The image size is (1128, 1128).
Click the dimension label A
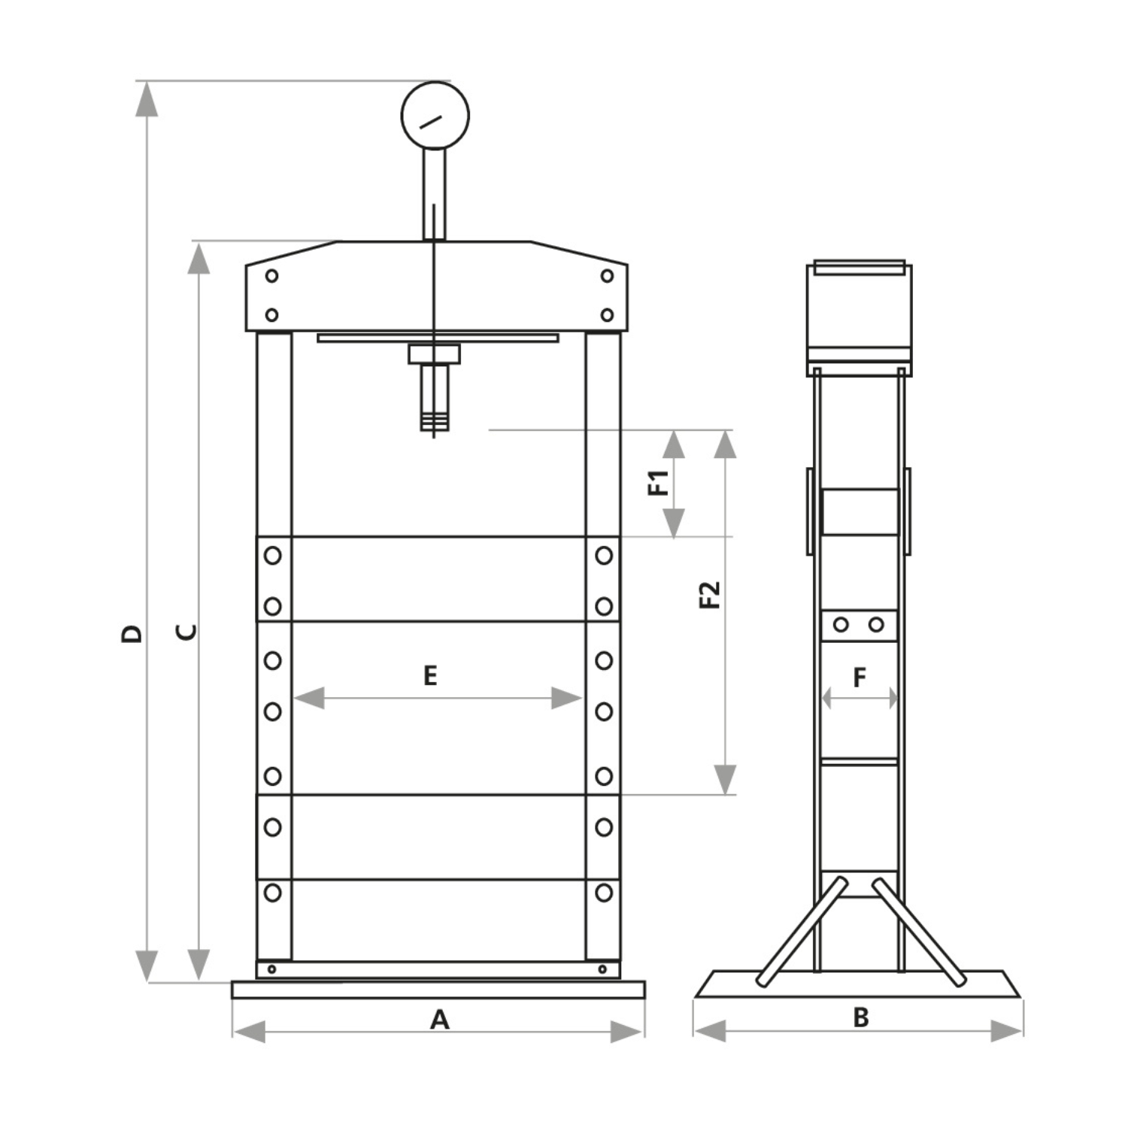pos(439,1020)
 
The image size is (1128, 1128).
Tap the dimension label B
pos(861,1017)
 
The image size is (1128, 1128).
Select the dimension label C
pos(186,632)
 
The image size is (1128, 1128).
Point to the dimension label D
pos(132,633)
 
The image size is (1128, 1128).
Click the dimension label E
pos(430,675)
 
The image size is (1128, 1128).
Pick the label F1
pos(659,483)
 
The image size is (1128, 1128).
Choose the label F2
pos(710,595)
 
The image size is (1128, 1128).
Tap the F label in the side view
pos(860,678)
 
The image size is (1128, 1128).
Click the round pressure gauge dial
pos(435,116)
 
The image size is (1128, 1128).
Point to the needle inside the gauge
pos(429,121)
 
